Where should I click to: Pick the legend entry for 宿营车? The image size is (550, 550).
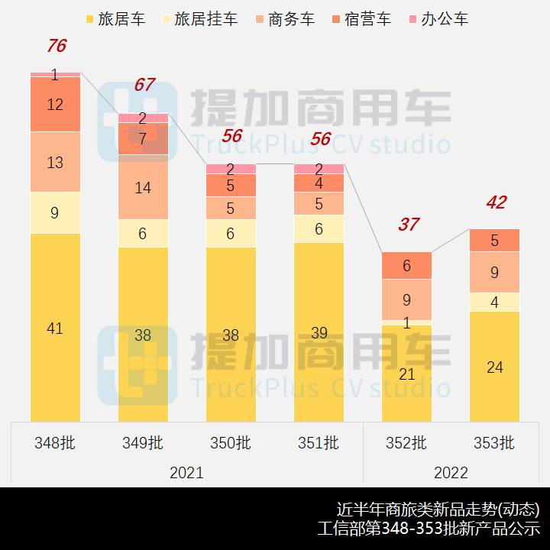pos(360,19)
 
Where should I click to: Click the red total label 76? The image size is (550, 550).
pos(56,46)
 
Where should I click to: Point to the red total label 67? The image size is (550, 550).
pos(144,85)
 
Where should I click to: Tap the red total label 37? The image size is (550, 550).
pos(408,225)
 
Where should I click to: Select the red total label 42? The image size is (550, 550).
pos(496,202)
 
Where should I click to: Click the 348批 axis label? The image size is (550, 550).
pos(55,442)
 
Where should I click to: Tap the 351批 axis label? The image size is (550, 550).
pos(319,442)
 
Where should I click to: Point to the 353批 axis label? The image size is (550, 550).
pos(494,442)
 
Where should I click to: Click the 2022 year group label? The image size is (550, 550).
pos(451,473)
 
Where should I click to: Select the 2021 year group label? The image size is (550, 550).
pos(186,473)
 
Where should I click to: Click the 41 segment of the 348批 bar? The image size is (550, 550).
pos(55,328)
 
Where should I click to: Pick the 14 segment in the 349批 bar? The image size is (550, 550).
pos(143,187)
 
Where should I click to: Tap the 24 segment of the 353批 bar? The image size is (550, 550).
pos(494,367)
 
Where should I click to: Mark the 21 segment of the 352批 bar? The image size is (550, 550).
pos(406,374)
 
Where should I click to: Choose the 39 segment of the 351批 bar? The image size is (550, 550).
pos(319,332)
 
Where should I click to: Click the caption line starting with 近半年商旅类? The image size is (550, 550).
pos(438,509)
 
